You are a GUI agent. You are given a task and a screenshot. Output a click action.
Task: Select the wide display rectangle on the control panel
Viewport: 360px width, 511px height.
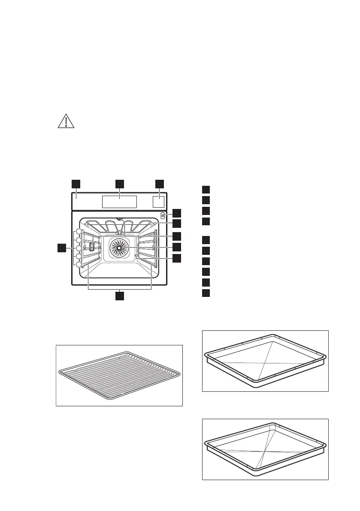click(x=120, y=202)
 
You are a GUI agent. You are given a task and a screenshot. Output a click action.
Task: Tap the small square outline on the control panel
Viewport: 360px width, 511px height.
click(x=159, y=202)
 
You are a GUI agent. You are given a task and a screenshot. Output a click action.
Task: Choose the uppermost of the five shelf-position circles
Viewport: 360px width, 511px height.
click(x=79, y=232)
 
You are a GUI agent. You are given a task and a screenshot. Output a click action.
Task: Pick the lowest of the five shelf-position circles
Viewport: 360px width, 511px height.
click(x=79, y=265)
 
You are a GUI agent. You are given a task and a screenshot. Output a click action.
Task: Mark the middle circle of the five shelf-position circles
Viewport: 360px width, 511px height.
click(x=79, y=248)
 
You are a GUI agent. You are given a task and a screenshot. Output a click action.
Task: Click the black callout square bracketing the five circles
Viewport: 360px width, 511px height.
click(x=63, y=248)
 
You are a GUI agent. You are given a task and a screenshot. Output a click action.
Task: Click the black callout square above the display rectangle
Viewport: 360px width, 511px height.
click(x=120, y=184)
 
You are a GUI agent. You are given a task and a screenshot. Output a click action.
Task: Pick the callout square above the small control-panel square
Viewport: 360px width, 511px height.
click(x=159, y=184)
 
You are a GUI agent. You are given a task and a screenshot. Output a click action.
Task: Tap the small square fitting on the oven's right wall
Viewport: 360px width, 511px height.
click(x=136, y=256)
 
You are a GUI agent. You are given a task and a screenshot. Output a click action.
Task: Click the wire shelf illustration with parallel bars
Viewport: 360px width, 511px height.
click(x=119, y=375)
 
